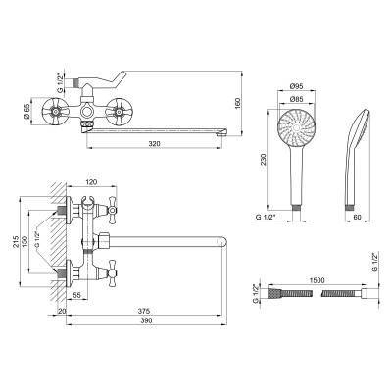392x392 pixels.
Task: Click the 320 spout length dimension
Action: coord(154,144)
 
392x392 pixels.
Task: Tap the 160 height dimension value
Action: coord(237,104)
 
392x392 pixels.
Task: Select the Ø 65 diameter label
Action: coord(26,112)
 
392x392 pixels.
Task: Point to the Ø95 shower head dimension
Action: coord(297,86)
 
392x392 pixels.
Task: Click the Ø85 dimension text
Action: coord(297,99)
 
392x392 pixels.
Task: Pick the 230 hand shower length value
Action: coord(264,160)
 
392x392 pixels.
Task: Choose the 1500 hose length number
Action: coord(317,280)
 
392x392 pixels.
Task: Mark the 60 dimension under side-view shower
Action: coord(358,217)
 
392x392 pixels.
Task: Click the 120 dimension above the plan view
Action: coord(91,182)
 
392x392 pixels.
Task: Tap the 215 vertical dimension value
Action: coord(15,242)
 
